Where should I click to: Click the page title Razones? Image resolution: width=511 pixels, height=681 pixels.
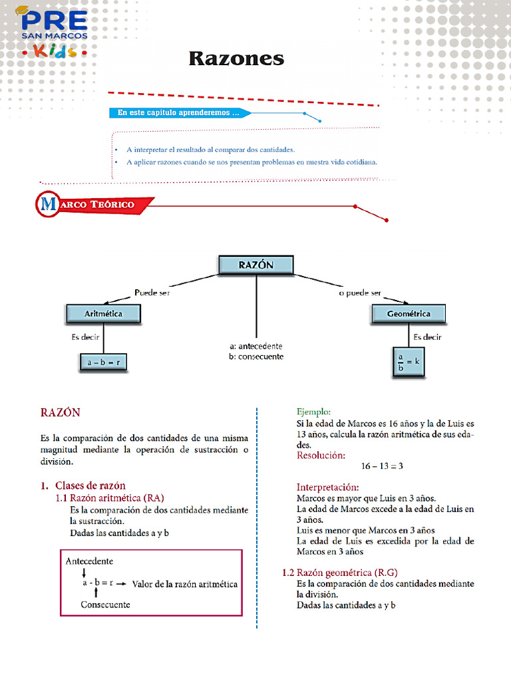click(236, 59)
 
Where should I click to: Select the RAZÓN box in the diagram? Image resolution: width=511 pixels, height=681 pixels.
click(256, 264)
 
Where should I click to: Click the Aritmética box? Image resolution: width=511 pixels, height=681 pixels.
click(103, 313)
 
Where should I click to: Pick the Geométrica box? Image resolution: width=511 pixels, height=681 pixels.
click(408, 313)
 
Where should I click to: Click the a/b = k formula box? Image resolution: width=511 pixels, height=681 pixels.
click(408, 362)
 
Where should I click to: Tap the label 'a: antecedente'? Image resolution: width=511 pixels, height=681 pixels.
click(255, 346)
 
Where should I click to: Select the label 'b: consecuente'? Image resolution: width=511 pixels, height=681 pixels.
click(255, 356)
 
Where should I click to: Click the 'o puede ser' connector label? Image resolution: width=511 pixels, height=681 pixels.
click(359, 293)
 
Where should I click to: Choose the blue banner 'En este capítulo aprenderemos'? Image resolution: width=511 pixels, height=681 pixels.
click(178, 113)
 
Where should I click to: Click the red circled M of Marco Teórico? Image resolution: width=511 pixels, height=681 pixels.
click(49, 204)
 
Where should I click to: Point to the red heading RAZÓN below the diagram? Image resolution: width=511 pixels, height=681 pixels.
click(60, 412)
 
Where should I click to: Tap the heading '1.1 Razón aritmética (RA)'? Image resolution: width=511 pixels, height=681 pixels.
click(110, 497)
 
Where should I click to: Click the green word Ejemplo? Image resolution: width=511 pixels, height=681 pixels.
click(313, 412)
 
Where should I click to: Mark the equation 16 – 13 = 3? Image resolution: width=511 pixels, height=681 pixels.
click(382, 466)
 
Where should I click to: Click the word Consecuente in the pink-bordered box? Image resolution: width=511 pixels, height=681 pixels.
click(105, 605)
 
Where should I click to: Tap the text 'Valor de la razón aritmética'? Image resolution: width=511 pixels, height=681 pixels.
click(185, 584)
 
